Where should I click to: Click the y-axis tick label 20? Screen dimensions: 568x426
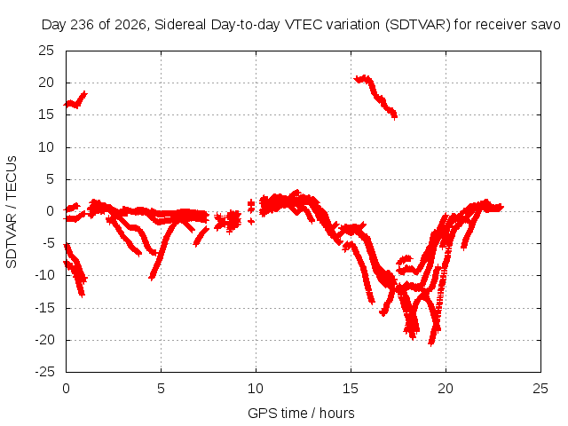pyautogui.click(x=46, y=83)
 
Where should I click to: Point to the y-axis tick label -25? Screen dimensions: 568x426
pyautogui.click(x=44, y=372)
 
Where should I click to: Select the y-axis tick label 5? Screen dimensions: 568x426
pyautogui.click(x=50, y=179)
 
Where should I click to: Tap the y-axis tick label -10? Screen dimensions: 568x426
pyautogui.click(x=44, y=275)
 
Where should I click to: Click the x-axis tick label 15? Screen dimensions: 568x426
pyautogui.click(x=351, y=389)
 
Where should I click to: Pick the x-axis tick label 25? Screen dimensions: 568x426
pyautogui.click(x=540, y=389)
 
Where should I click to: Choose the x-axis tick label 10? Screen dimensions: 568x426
pyautogui.click(x=256, y=389)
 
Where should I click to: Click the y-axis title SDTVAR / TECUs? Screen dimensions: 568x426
pyautogui.click(x=12, y=212)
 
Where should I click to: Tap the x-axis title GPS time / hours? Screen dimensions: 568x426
pyautogui.click(x=301, y=413)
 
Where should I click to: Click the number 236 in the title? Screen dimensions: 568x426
pyautogui.click(x=83, y=25)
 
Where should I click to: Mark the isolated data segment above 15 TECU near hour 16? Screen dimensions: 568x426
pyautogui.click(x=375, y=95)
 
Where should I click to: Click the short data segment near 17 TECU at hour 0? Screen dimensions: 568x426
pyautogui.click(x=75, y=100)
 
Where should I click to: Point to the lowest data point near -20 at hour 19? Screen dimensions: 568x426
pyautogui.click(x=431, y=343)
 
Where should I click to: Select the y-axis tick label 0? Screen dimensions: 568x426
pyautogui.click(x=50, y=211)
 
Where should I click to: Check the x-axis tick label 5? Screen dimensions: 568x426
pyautogui.click(x=161, y=389)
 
